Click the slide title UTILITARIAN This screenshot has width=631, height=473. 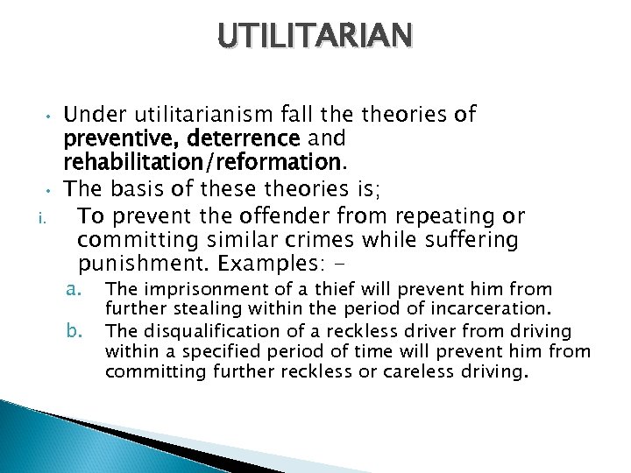tap(315, 36)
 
